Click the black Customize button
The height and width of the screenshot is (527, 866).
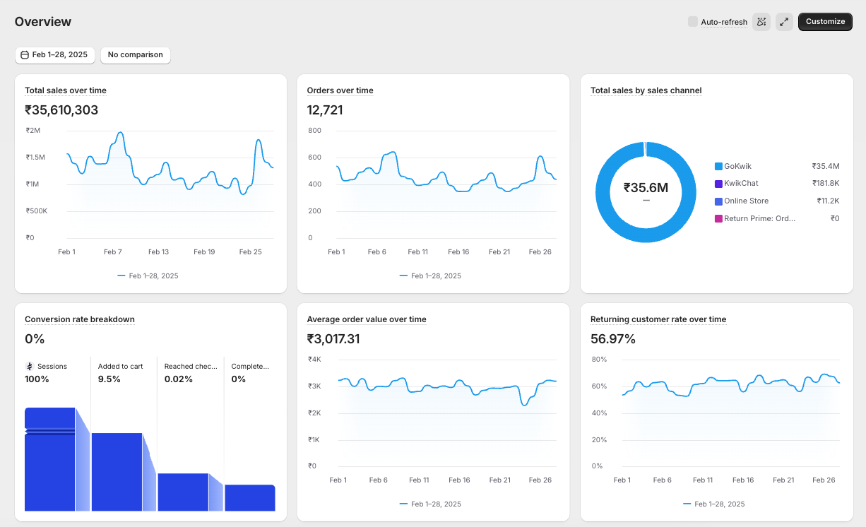point(825,22)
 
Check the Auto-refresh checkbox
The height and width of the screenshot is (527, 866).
point(692,22)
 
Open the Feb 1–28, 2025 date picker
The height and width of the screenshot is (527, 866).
point(54,55)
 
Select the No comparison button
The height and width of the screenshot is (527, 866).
point(136,55)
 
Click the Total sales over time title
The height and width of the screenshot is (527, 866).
point(66,90)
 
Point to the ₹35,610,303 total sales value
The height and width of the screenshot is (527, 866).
point(61,110)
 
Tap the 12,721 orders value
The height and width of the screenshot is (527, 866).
point(325,110)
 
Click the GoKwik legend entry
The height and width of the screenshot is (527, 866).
point(737,166)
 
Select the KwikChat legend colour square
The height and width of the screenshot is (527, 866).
point(718,184)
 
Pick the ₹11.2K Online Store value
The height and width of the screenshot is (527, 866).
point(828,201)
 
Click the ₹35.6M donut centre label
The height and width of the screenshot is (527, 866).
point(646,188)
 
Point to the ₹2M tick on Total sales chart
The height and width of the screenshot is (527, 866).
point(32,130)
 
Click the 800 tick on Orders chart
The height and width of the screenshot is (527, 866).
point(314,131)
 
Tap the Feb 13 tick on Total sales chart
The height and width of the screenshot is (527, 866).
point(158,252)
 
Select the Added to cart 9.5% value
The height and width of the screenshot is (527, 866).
point(109,379)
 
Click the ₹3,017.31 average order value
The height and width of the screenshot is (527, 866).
point(333,339)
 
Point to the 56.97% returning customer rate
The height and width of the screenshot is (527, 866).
point(613,339)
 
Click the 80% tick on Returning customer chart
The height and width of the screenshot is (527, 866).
point(599,360)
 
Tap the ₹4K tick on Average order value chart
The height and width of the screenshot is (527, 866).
point(314,360)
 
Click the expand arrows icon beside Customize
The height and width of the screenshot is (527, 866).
point(784,22)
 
